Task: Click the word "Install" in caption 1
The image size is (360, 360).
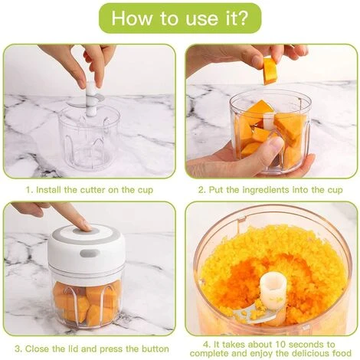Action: click(50, 188)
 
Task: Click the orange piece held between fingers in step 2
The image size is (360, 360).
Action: click(270, 71)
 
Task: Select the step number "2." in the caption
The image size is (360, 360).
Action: click(201, 188)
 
